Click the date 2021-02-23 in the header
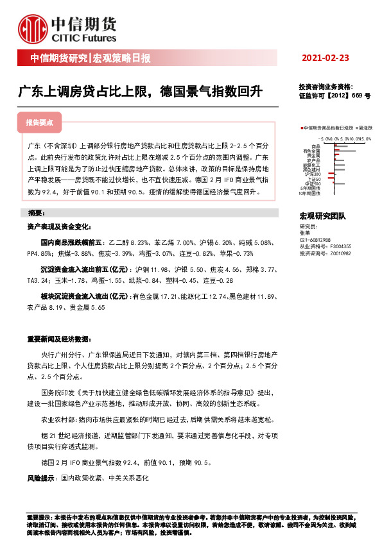point(326,58)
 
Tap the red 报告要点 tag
point(40,121)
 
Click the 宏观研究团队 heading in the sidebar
point(323,217)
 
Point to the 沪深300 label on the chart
point(313,173)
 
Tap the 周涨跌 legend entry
point(364,128)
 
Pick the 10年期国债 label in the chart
point(310,194)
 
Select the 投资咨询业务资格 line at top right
point(326,87)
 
